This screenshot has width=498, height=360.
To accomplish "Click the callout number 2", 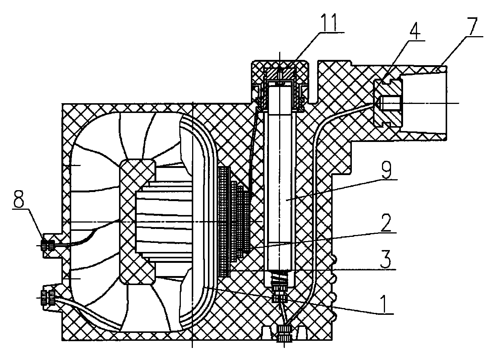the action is point(386,223).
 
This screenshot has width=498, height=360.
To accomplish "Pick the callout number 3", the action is point(386,259).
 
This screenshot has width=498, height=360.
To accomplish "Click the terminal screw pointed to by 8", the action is point(47,246).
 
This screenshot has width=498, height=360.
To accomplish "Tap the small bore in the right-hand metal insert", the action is point(390,103).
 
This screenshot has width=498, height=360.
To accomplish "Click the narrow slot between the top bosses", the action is point(313,82).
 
